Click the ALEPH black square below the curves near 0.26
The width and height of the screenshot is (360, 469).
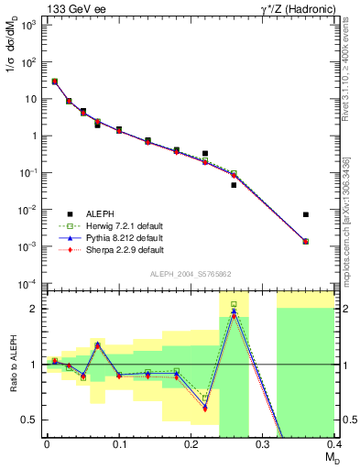point(234,185)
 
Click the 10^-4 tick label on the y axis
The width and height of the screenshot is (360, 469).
point(29,283)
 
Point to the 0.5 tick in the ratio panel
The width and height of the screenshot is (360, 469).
point(33,420)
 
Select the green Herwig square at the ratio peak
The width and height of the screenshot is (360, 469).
point(234,304)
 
